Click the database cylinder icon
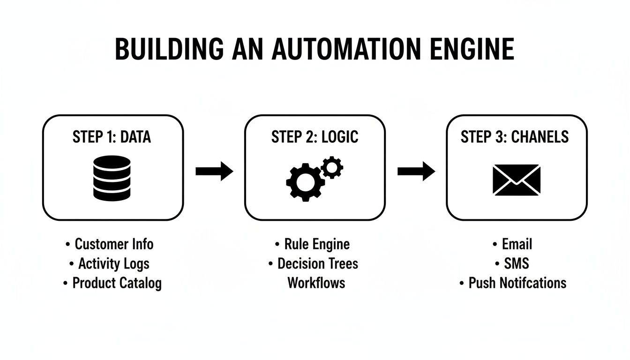pos(112,178)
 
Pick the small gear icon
pos(333,167)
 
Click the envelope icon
pos(517,180)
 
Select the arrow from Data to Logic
pos(214,171)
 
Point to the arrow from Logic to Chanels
pos(416,171)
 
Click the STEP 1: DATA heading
pos(112,137)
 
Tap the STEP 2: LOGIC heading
pos(315,137)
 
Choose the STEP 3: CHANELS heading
pos(514,137)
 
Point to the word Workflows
pos(316,283)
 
